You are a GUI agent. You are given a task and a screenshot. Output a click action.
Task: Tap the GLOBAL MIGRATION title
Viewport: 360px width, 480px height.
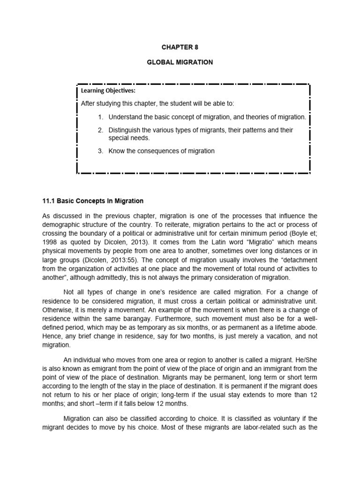click(180, 62)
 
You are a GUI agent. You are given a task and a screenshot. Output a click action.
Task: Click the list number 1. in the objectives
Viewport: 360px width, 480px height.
click(101, 117)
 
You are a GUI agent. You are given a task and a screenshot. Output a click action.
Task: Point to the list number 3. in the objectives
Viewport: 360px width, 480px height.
click(101, 150)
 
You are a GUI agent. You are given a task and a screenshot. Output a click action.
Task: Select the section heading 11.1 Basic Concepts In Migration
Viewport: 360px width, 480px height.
click(93, 201)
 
